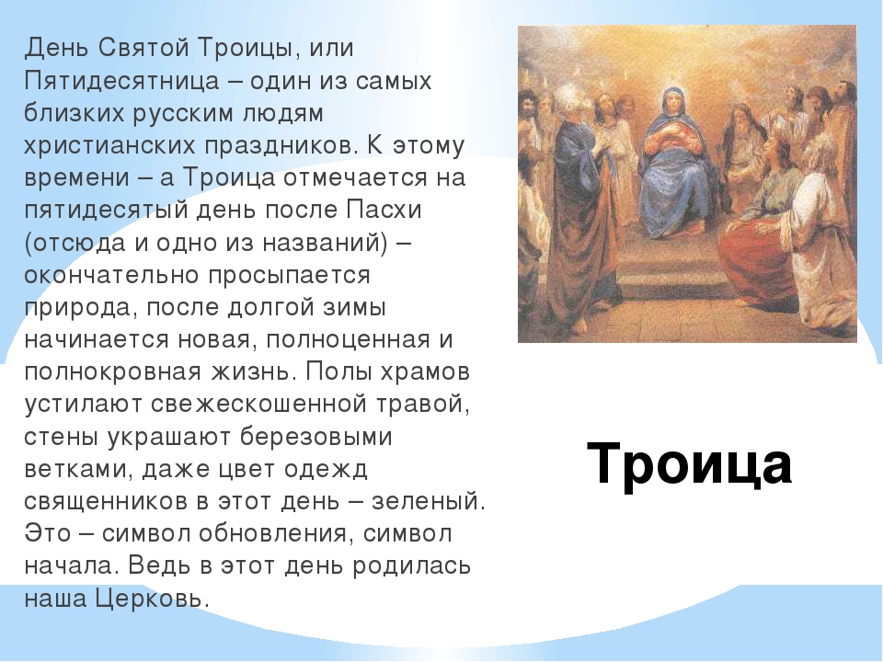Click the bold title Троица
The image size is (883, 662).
click(x=689, y=463)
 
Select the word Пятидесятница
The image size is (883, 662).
click(x=121, y=81)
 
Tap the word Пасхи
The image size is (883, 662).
click(x=384, y=210)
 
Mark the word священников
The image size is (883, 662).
click(x=106, y=502)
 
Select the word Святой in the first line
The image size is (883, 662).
click(x=144, y=48)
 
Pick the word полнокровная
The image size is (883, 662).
click(x=112, y=372)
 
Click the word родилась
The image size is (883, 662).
click(x=410, y=565)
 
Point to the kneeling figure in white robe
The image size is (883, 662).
click(x=822, y=236)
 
